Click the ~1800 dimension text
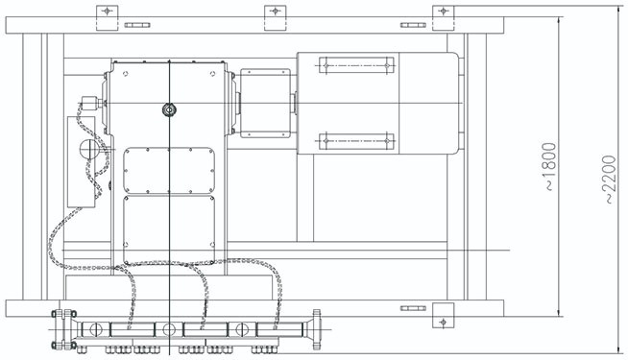point(550,166)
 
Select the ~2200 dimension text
point(609,180)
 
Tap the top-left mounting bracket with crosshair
point(107,18)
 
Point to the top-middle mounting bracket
point(276,18)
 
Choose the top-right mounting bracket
point(444,18)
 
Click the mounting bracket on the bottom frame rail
point(444,315)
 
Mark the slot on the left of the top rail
point(137,25)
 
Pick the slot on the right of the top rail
point(413,25)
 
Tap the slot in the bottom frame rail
point(413,308)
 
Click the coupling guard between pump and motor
point(265,104)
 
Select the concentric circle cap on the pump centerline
point(169,109)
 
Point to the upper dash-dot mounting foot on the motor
point(356,65)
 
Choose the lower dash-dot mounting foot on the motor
point(356,141)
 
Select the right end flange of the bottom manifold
point(317,329)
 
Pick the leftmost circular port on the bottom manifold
point(96,329)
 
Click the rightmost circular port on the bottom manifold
point(242,329)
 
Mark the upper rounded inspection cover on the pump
point(169,171)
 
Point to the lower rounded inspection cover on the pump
point(169,229)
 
